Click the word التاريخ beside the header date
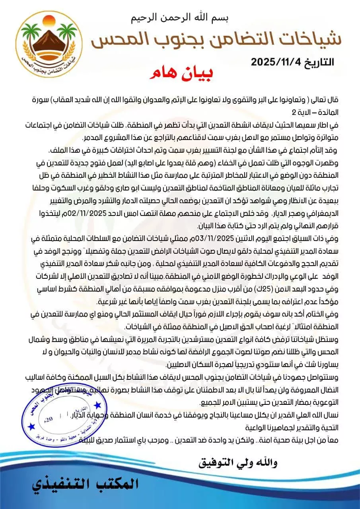click(318, 62)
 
